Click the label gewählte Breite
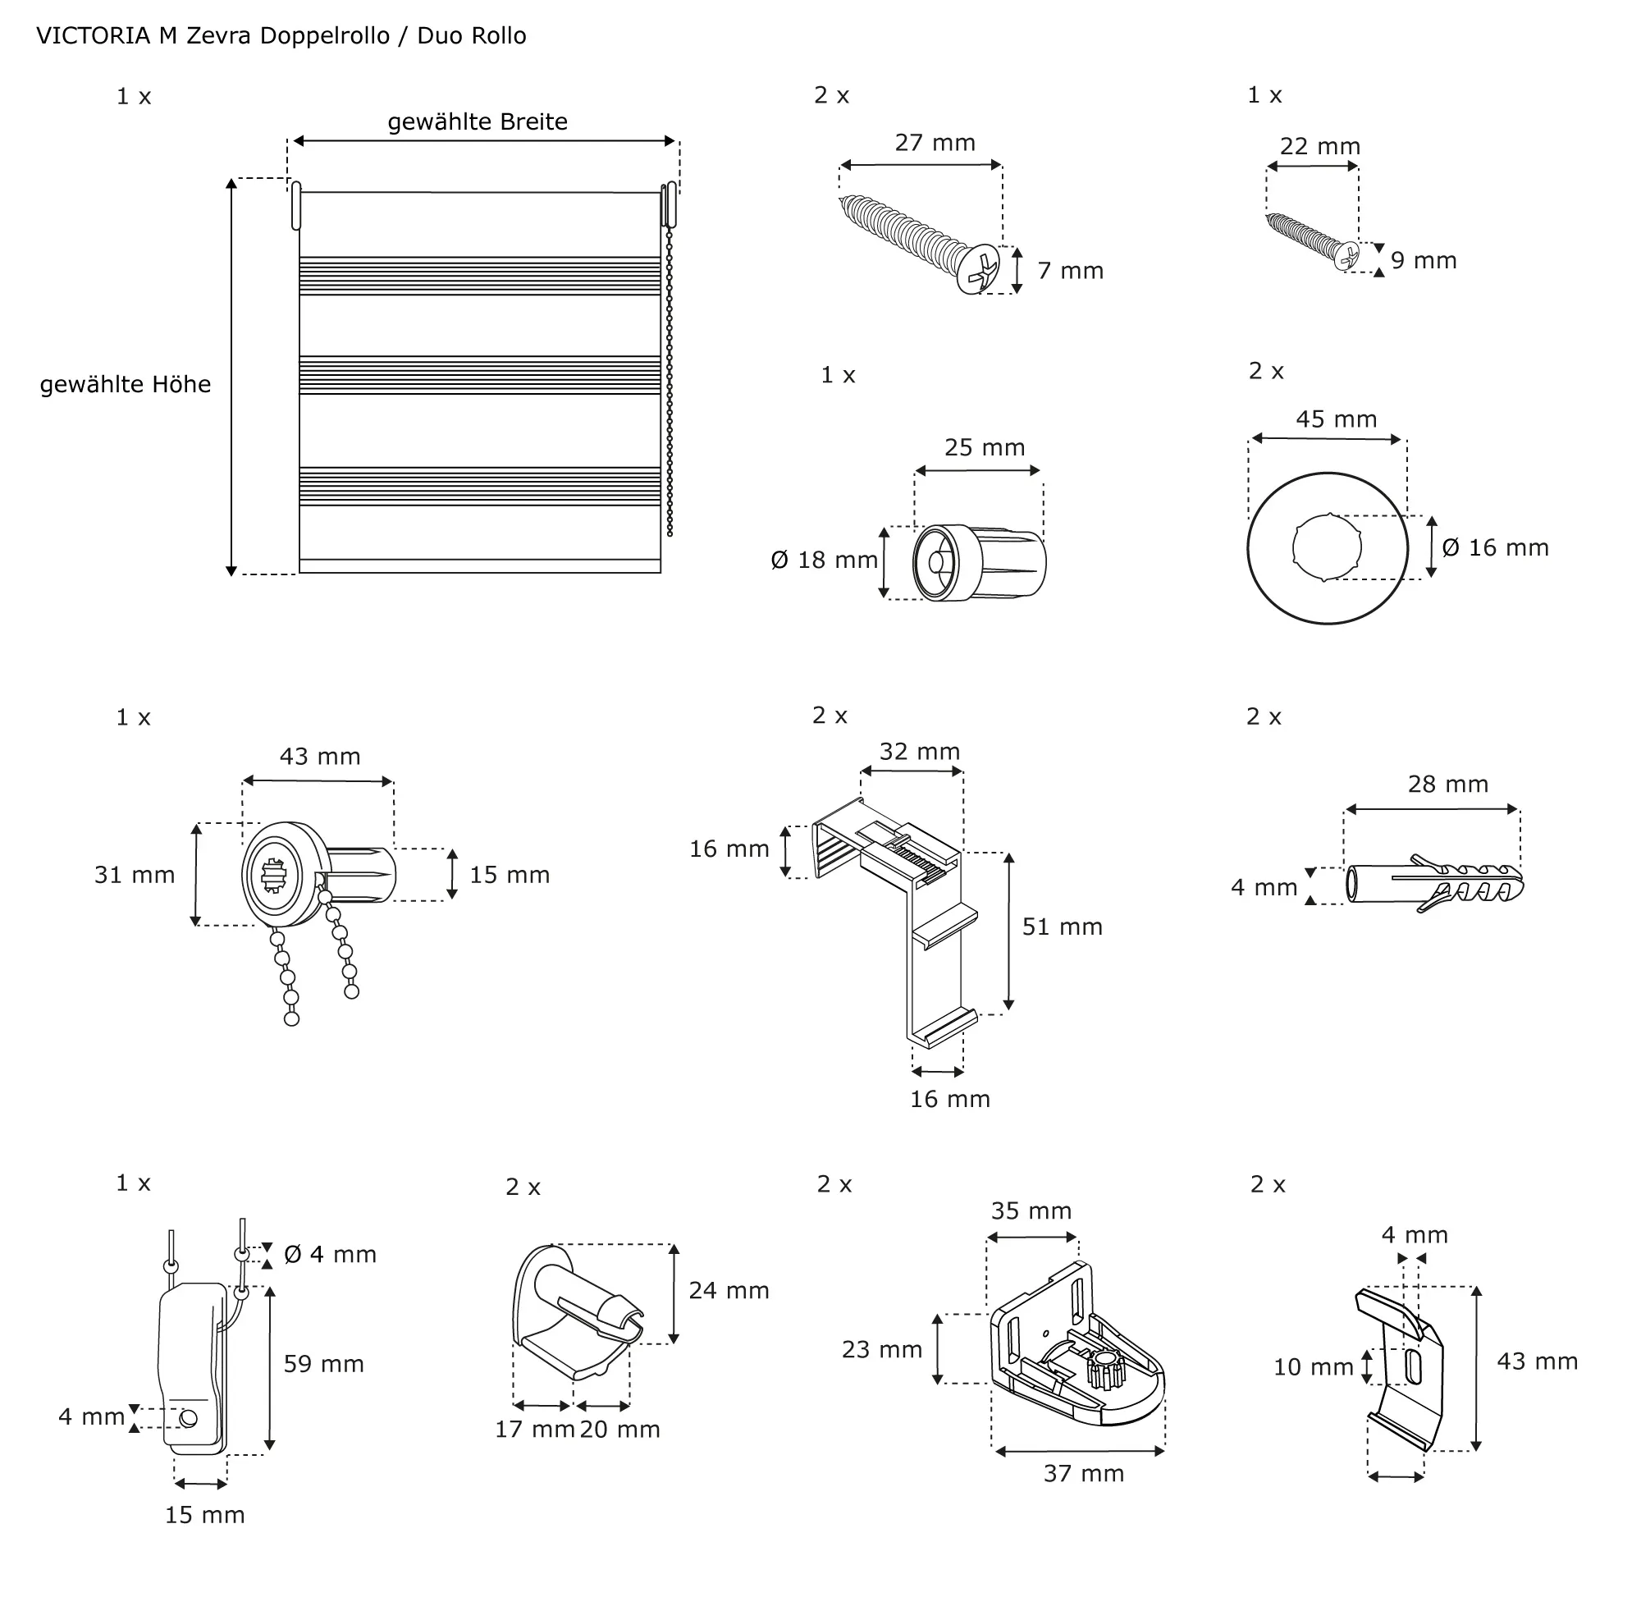(478, 122)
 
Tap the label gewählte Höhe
(126, 385)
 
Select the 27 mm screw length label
(935, 144)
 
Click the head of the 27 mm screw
(980, 270)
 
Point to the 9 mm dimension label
(1424, 261)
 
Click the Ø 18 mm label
(825, 561)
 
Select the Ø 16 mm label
(1495, 548)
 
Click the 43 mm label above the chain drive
(319, 757)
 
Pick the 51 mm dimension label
(1062, 927)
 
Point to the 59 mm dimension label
(323, 1364)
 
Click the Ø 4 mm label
(331, 1255)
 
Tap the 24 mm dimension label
(729, 1291)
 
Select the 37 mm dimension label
(1083, 1474)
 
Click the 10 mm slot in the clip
(1414, 1366)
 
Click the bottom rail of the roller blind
(480, 566)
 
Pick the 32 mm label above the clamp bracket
(920, 753)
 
